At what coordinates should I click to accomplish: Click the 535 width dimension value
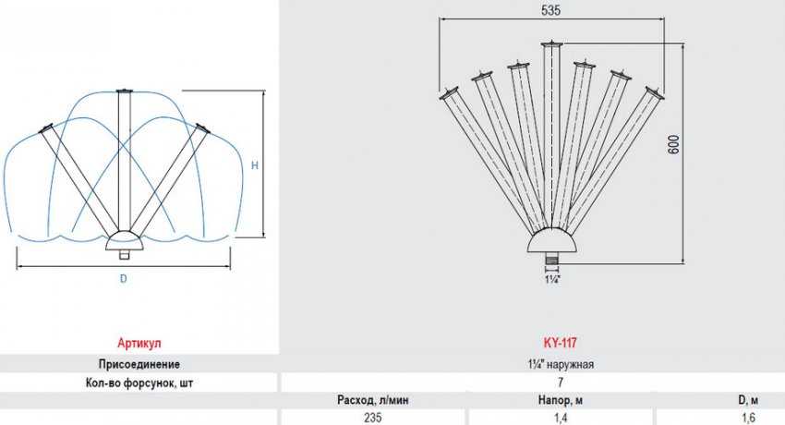pyautogui.click(x=550, y=10)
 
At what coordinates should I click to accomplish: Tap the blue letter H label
pyautogui.click(x=255, y=165)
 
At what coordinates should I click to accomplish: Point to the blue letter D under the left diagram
pyautogui.click(x=124, y=279)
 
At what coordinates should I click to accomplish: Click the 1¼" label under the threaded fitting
pyautogui.click(x=552, y=279)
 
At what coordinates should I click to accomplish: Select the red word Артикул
pyautogui.click(x=139, y=344)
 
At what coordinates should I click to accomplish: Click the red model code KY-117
pyautogui.click(x=560, y=343)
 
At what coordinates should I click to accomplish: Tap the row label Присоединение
pyautogui.click(x=139, y=364)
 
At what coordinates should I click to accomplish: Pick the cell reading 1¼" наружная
pyautogui.click(x=561, y=364)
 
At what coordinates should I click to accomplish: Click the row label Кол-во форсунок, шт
pyautogui.click(x=139, y=382)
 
